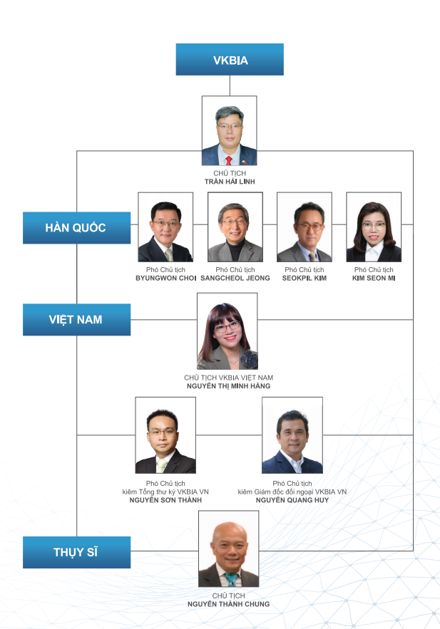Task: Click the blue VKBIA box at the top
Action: (230, 59)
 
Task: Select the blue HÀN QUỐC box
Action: (77, 228)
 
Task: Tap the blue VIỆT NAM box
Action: (77, 320)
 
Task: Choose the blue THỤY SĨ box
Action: (77, 552)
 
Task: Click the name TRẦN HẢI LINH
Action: (230, 182)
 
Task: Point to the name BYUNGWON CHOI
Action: (166, 278)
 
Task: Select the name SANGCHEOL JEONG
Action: (235, 278)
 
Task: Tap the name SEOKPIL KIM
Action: (305, 278)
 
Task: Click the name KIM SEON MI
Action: (374, 278)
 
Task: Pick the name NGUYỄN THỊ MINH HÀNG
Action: (228, 386)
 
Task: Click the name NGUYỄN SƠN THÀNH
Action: (165, 500)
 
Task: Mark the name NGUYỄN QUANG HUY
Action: (292, 500)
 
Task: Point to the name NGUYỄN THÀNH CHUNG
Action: (228, 604)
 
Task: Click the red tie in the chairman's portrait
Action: (228, 161)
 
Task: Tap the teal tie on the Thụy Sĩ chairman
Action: (230, 579)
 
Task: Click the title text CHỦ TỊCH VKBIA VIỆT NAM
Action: (228, 378)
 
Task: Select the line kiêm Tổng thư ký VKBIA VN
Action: (165, 492)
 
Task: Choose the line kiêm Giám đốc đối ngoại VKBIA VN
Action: (292, 492)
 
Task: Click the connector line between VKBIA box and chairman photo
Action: (230, 85)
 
